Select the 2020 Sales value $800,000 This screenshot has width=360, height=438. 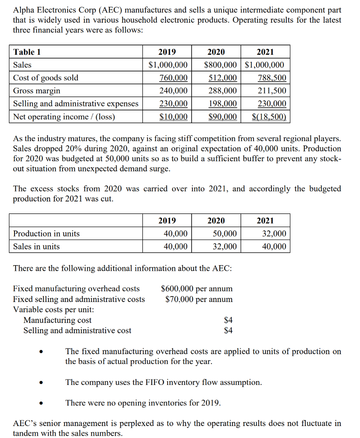point(220,65)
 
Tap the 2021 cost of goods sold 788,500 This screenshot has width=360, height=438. point(272,78)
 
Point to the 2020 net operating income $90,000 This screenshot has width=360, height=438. point(222,117)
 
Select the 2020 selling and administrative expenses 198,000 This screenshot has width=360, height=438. point(222,104)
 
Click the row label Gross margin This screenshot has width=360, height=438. point(37,91)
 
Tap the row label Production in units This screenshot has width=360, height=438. point(46,234)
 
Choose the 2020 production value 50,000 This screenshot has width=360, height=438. point(224,234)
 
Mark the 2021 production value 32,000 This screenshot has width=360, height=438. point(274,234)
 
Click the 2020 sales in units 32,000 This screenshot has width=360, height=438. point(224,246)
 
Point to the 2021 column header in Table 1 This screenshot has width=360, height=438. point(265,52)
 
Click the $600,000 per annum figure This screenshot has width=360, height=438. point(197,289)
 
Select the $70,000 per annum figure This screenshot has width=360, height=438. point(199,299)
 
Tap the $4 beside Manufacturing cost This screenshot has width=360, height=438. point(228,320)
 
